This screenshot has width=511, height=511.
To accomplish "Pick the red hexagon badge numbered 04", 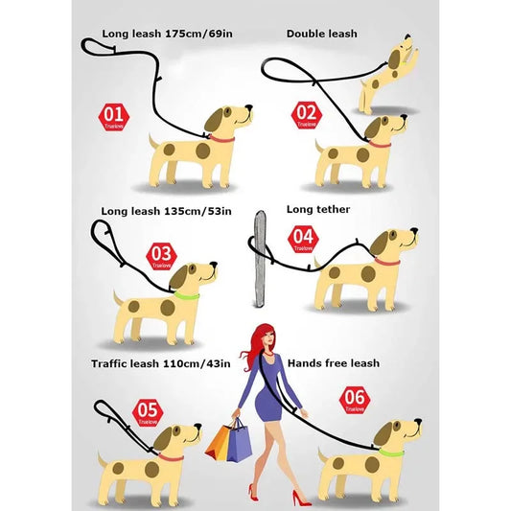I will [303, 237].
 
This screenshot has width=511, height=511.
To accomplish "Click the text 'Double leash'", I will [321, 35].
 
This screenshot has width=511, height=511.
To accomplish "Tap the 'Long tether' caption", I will [318, 209].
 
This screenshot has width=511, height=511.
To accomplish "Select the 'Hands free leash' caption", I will [333, 363].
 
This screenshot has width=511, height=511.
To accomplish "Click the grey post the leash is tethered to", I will [258, 260].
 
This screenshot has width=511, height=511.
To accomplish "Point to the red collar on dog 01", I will [222, 139].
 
